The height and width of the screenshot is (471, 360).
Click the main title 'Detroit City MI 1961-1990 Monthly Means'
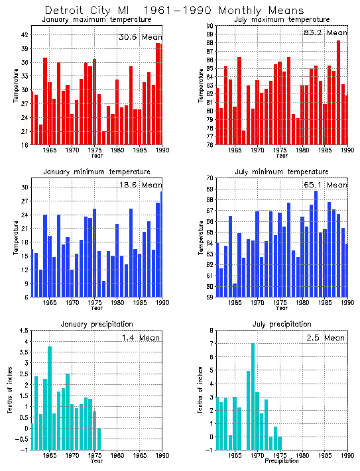(174, 11)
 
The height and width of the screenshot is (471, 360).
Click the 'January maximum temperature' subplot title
(97, 19)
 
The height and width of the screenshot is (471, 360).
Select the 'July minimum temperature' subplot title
(282, 172)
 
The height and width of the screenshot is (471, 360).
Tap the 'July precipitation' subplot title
(282, 324)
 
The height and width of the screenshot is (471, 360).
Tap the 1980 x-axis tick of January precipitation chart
(116, 456)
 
